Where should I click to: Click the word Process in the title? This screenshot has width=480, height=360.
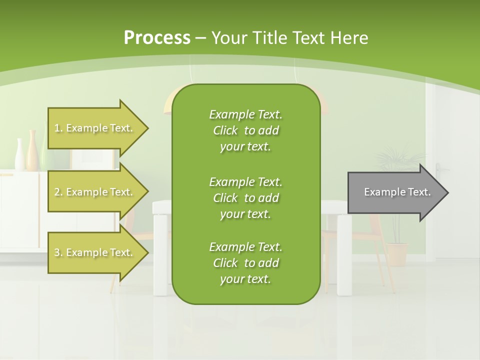[157, 38]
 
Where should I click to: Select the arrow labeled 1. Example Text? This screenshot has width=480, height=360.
[95, 128]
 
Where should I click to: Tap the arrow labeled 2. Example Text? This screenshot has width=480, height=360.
[95, 192]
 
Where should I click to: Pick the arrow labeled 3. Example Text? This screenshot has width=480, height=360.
[95, 252]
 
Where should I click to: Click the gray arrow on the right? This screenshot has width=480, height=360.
[395, 192]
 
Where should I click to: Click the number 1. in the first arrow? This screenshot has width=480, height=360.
[58, 128]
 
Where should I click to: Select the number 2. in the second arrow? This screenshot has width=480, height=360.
[58, 192]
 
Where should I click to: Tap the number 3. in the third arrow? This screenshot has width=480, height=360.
[58, 252]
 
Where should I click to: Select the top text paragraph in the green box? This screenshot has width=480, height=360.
[245, 130]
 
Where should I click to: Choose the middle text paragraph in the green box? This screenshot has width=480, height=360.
[245, 198]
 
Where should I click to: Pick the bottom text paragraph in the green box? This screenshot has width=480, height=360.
[245, 263]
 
